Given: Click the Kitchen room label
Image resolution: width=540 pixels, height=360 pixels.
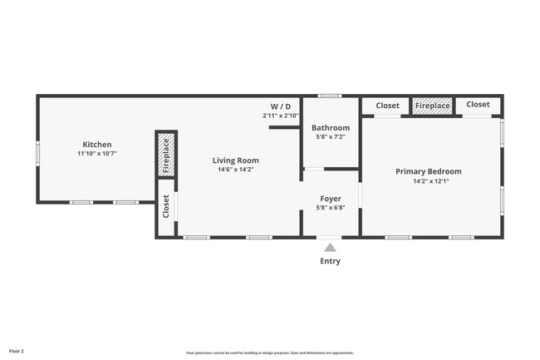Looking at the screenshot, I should [x=96, y=145].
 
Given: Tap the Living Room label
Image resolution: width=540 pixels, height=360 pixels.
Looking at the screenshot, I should [x=235, y=160].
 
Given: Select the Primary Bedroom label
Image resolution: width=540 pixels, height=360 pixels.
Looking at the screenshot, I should [x=428, y=171].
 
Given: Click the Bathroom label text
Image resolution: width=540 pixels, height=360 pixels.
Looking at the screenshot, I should [x=331, y=128].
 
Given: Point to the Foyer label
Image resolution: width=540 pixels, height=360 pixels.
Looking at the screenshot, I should [x=330, y=200].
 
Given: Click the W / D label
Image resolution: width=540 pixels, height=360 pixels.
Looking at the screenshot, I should [x=281, y=106].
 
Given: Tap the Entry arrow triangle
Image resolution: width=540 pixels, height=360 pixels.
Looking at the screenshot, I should [x=330, y=247].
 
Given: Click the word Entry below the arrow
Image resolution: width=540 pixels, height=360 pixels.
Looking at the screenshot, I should [x=330, y=261].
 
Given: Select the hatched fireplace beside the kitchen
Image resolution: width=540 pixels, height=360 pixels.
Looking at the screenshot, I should [x=166, y=155].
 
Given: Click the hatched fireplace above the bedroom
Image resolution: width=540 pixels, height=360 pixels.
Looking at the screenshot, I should [x=432, y=106].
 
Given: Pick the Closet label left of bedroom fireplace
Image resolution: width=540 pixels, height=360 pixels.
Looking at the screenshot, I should [x=387, y=106].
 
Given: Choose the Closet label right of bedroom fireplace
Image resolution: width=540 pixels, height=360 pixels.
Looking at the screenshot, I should [x=478, y=105].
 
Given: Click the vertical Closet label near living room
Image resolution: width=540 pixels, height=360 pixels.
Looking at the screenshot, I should [x=166, y=207].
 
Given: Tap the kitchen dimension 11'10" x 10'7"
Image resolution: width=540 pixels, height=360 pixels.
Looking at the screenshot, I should [x=96, y=154].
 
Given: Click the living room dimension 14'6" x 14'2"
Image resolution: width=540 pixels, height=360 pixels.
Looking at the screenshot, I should [x=235, y=170].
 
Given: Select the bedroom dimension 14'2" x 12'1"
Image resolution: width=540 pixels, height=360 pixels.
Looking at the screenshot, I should [x=428, y=181].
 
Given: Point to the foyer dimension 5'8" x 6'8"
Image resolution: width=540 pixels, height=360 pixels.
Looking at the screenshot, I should [x=330, y=210].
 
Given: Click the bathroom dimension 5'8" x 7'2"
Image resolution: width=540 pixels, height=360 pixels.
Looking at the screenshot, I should [x=331, y=138].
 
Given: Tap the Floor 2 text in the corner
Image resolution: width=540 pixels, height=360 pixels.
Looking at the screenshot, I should [x=17, y=352].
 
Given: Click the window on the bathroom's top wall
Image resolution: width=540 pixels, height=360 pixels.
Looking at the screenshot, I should [x=330, y=96].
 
